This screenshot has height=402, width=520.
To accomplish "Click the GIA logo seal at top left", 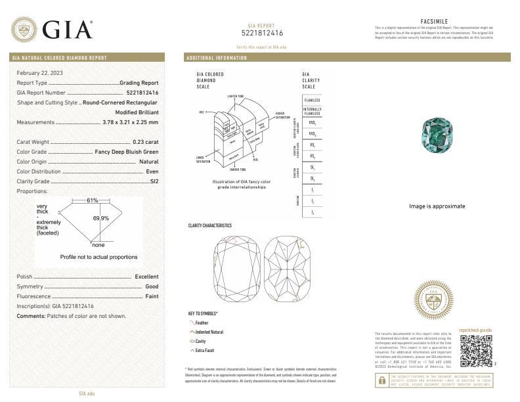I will pyautogui.click(x=24, y=29).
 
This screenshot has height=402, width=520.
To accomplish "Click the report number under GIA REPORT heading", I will pyautogui.click(x=262, y=33).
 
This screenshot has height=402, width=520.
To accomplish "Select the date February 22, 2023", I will pyautogui.click(x=40, y=72).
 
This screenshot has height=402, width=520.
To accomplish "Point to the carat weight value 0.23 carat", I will pyautogui.click(x=145, y=142).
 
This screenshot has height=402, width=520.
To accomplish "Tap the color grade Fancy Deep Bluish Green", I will pyautogui.click(x=127, y=152).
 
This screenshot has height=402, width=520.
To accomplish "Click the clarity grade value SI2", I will pyautogui.click(x=154, y=181).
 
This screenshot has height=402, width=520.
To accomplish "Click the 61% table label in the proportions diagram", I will pyautogui.click(x=93, y=200).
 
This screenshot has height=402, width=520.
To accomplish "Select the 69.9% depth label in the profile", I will pyautogui.click(x=100, y=218).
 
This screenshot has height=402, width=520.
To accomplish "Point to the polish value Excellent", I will pyautogui.click(x=146, y=277).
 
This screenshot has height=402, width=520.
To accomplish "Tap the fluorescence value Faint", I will pyautogui.click(x=152, y=297).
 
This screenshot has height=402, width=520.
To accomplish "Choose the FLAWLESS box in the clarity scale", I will pyautogui.click(x=312, y=100).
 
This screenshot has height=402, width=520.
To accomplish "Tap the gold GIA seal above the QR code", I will pyautogui.click(x=433, y=301).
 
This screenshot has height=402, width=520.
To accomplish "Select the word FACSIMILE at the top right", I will pyautogui.click(x=433, y=22).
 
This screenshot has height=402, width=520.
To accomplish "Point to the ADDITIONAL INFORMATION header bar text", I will pyautogui.click(x=217, y=58).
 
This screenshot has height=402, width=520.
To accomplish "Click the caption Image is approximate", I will pyautogui.click(x=437, y=206).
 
